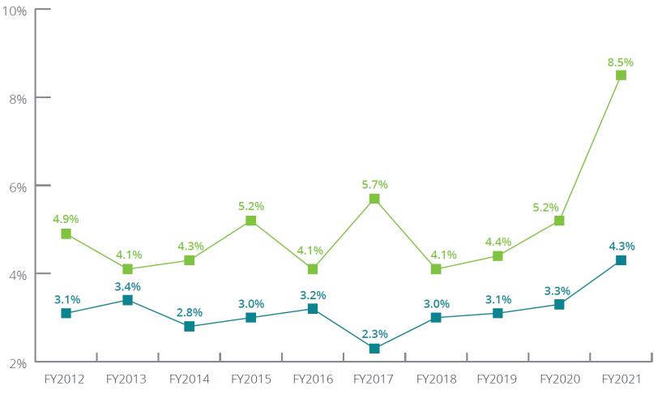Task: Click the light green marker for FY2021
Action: tap(621, 75)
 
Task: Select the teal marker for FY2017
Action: tap(374, 349)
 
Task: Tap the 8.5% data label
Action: tap(621, 62)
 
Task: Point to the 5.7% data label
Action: tap(374, 185)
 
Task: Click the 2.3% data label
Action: tap(374, 333)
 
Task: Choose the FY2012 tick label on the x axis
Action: tap(66, 379)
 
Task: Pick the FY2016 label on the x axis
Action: tap(313, 379)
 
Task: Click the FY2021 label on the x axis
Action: tap(621, 379)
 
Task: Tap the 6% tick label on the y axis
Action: tap(18, 186)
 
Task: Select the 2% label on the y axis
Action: tap(18, 362)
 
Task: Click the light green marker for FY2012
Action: tap(66, 234)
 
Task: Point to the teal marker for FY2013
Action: tap(127, 300)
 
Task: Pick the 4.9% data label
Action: tap(66, 219)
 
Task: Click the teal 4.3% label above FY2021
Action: tap(621, 246)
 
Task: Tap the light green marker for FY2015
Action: tap(251, 221)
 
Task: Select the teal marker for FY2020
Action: tap(559, 304)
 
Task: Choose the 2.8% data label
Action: tap(189, 312)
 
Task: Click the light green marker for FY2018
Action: tap(436, 269)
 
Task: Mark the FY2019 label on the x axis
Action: tap(498, 379)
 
